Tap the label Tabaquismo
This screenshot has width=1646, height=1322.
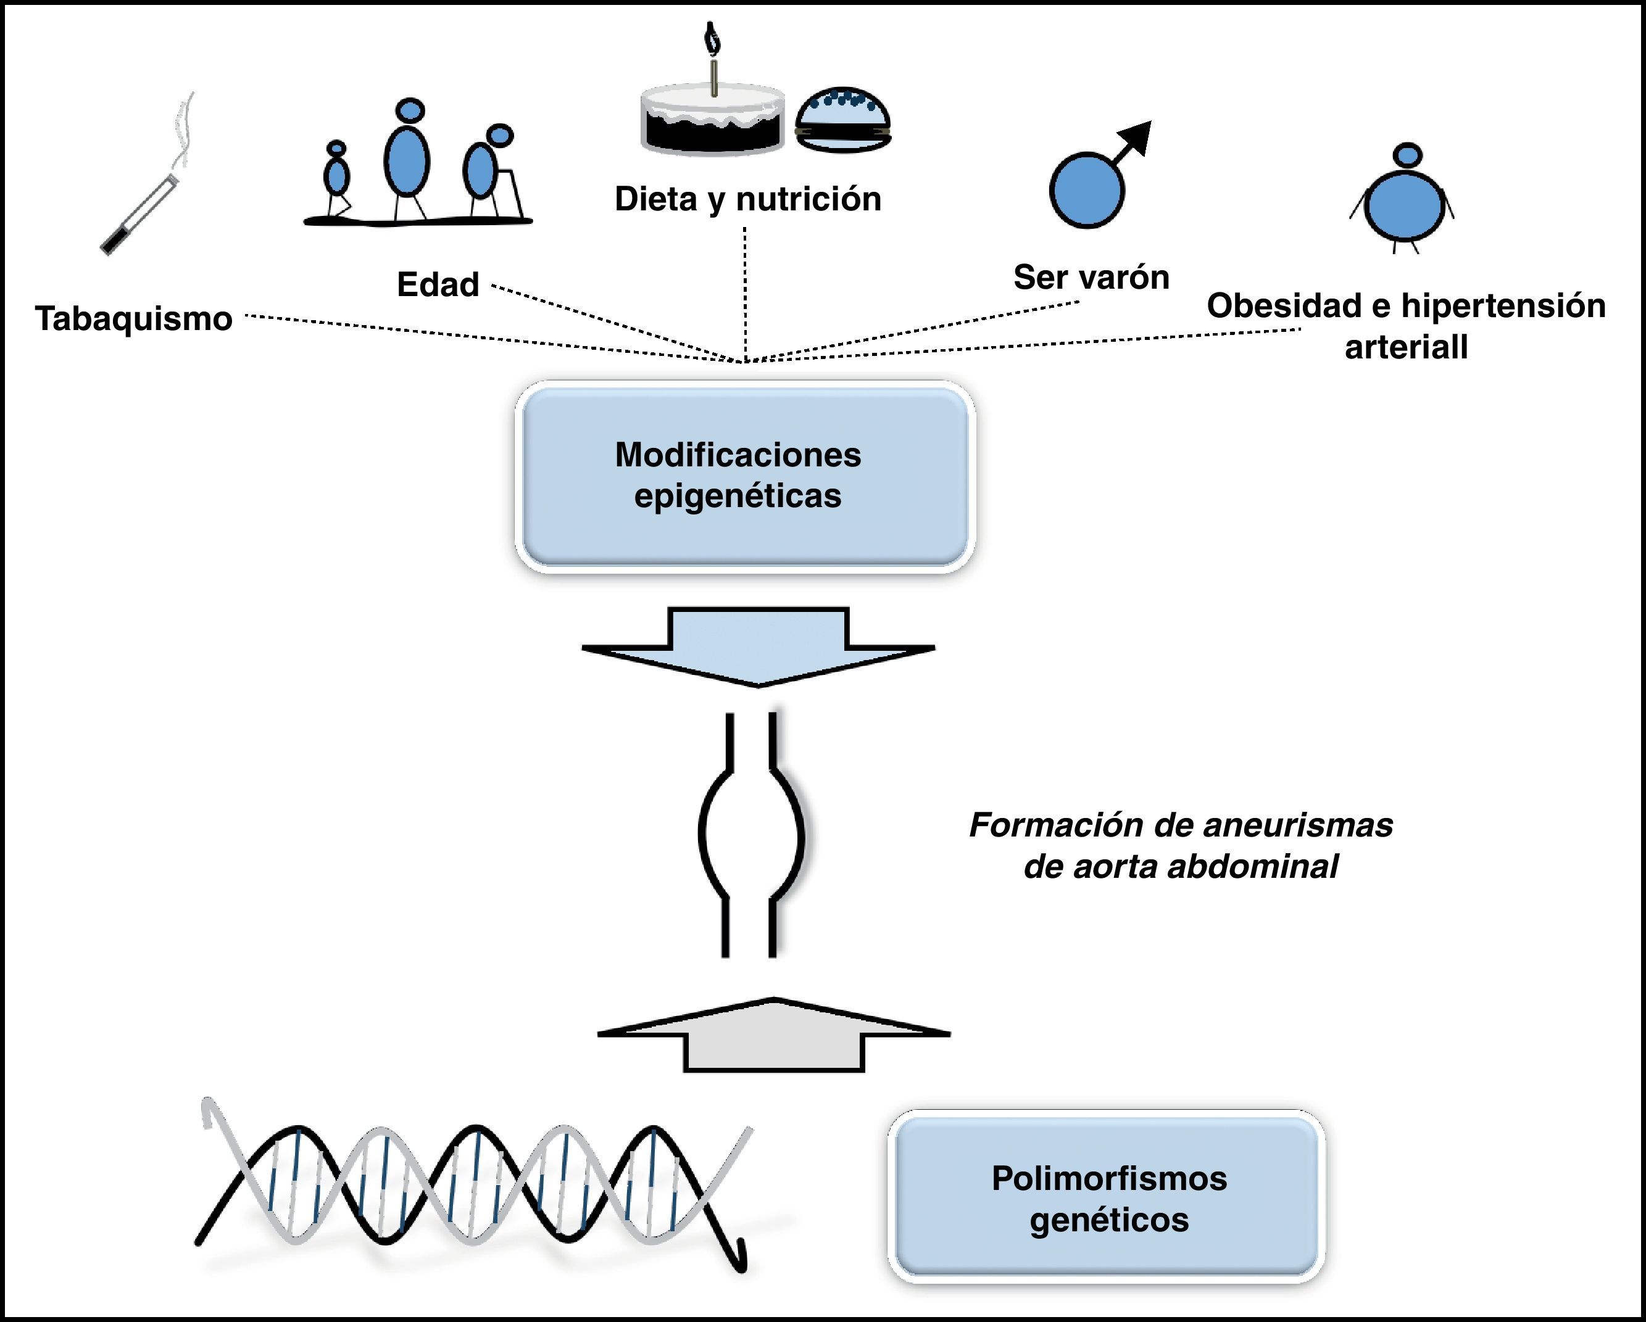pyautogui.click(x=133, y=318)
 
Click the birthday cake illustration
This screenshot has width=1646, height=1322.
pyautogui.click(x=713, y=122)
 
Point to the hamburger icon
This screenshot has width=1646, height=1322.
pyautogui.click(x=843, y=120)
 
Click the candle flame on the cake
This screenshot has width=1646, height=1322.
pyautogui.click(x=713, y=36)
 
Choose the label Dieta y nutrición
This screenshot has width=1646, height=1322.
pyautogui.click(x=747, y=199)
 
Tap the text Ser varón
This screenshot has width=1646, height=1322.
pyautogui.click(x=1091, y=277)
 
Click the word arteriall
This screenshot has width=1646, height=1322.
pyautogui.click(x=1405, y=347)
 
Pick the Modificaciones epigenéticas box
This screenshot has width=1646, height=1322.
pyautogui.click(x=744, y=476)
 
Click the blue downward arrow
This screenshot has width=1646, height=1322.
pyautogui.click(x=758, y=646)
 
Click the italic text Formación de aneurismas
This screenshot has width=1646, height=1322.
pyautogui.click(x=1180, y=825)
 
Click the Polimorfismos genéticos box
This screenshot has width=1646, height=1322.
pyautogui.click(x=1108, y=1199)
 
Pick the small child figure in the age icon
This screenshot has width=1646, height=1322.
pyautogui.click(x=337, y=177)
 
